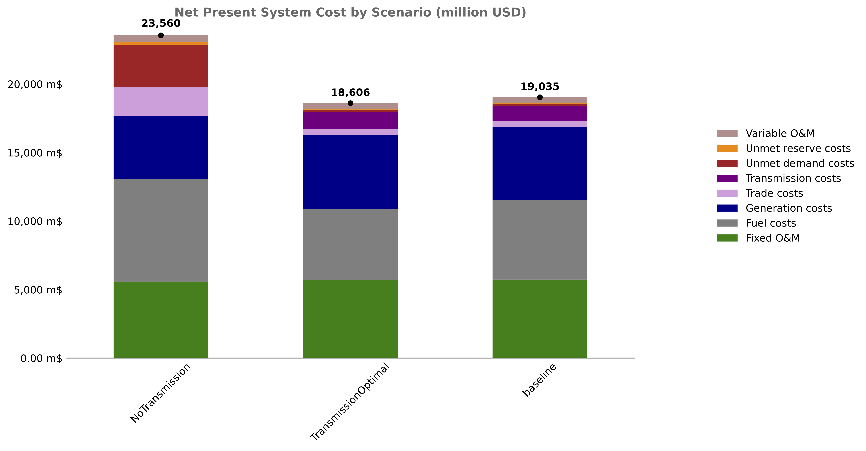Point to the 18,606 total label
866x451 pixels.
pos(350,92)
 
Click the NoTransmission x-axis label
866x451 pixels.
pos(161,393)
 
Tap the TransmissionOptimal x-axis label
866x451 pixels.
pos(350,402)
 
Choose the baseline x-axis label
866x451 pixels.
pos(540,380)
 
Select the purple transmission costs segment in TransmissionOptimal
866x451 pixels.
pos(350,120)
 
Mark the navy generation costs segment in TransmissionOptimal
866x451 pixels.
pos(350,172)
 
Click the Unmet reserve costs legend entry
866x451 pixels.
pos(798,148)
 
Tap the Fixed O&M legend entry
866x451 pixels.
pos(773,238)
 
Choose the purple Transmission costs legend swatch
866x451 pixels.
pos(727,178)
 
